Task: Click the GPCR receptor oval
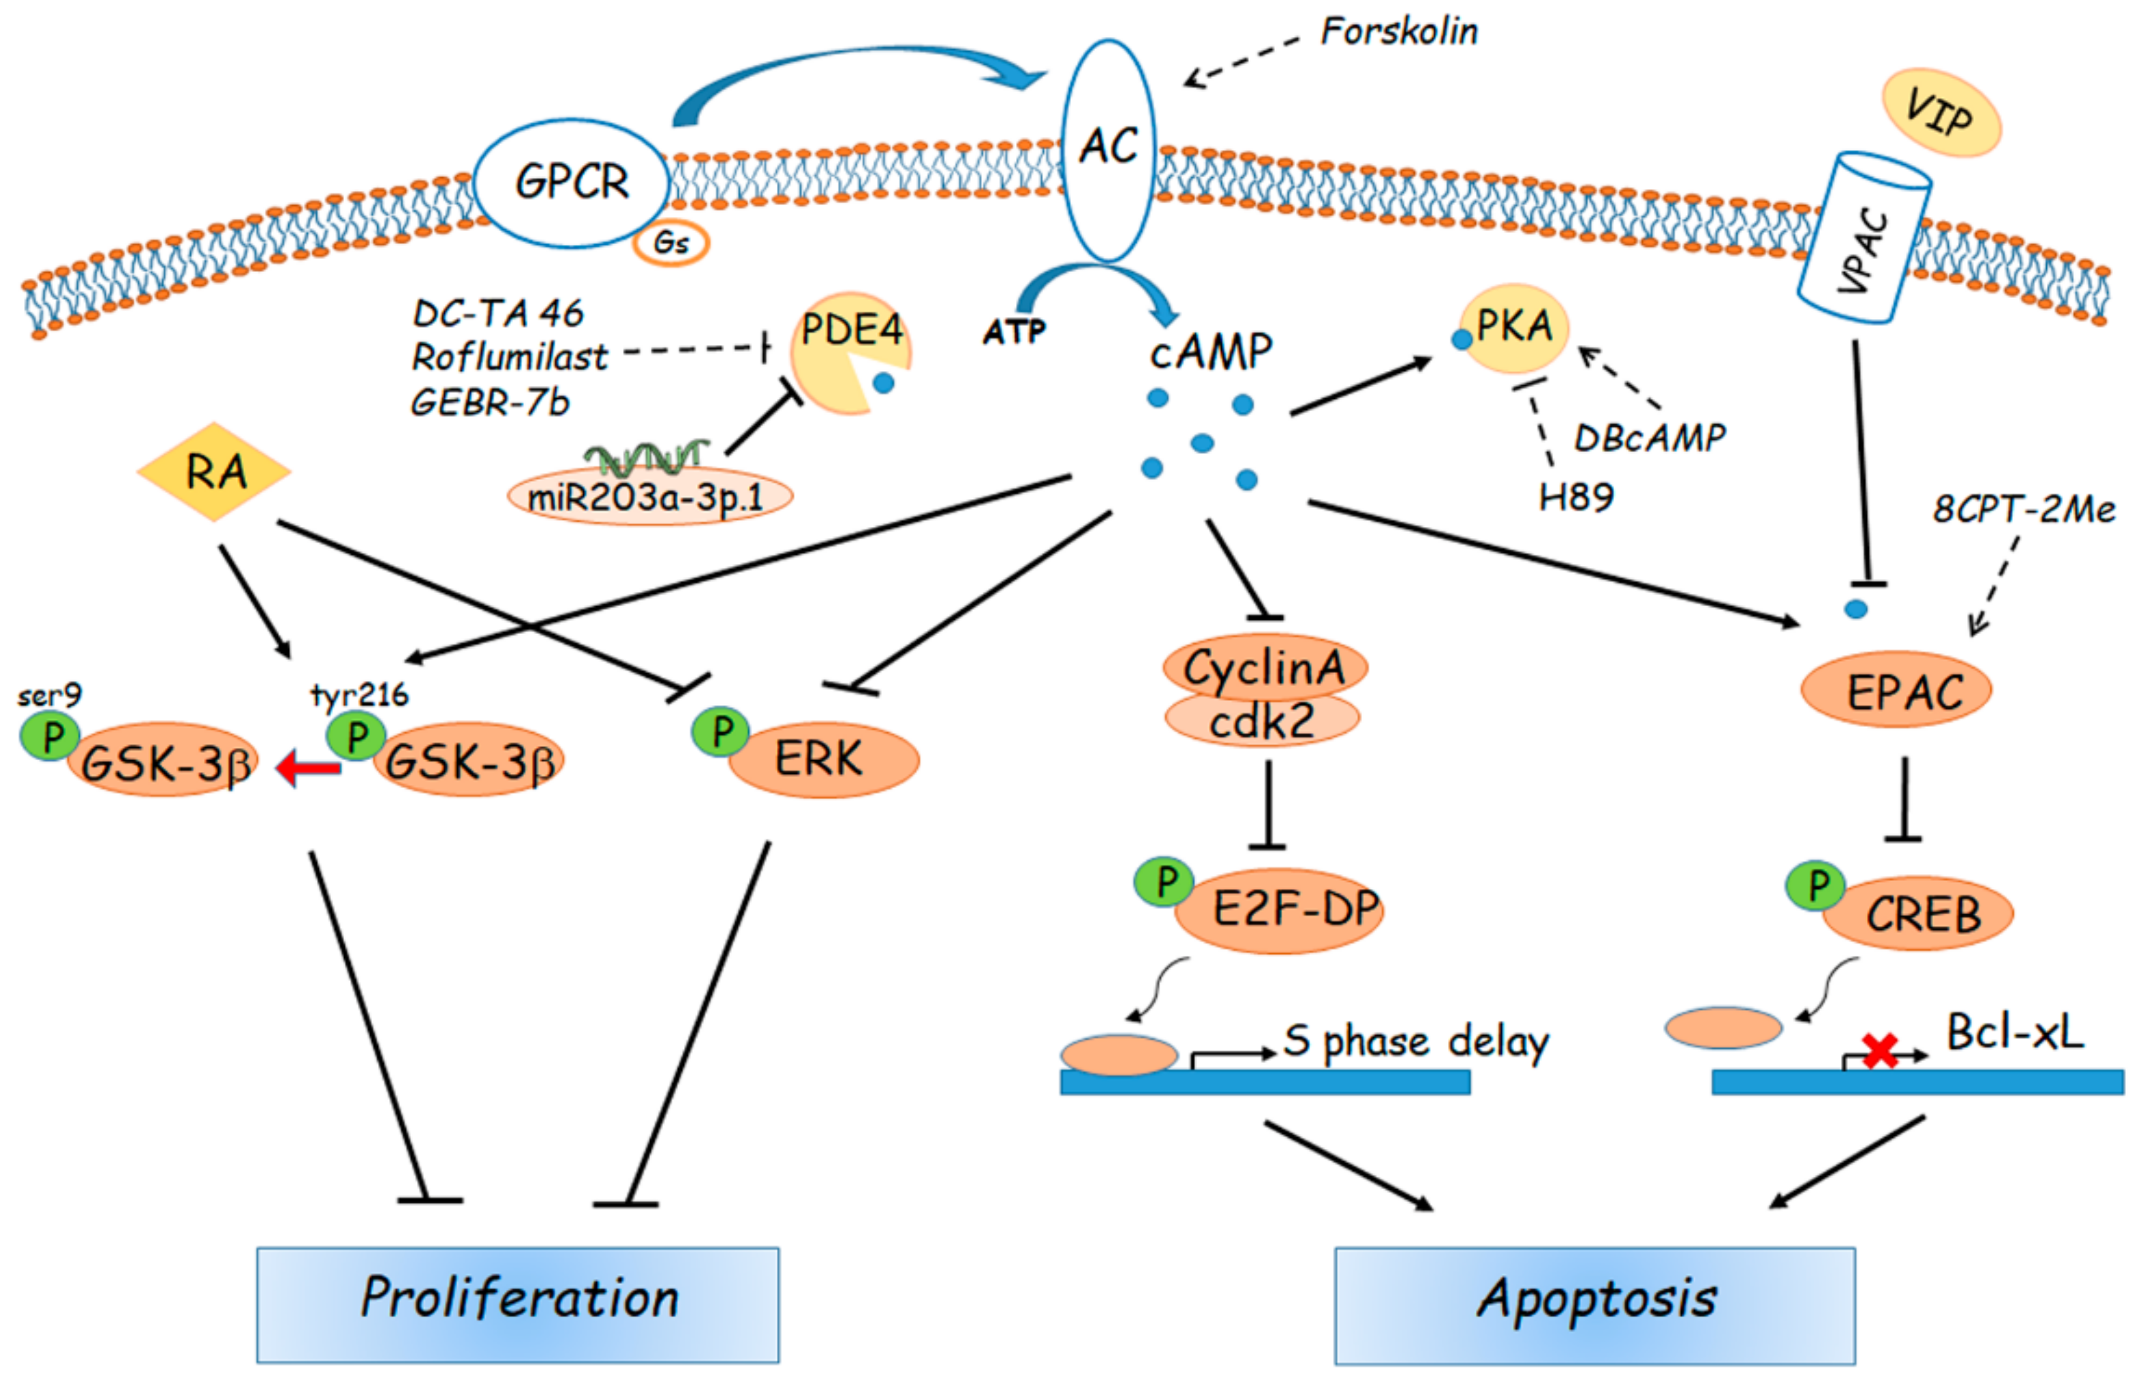pos(572,183)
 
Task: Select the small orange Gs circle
pos(670,243)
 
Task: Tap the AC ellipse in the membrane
pos(1109,149)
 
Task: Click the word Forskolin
pos(1399,32)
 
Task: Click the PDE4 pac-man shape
pos(849,352)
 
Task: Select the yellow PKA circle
pos(1513,328)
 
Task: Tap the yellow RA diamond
pos(214,471)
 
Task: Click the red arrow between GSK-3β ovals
pos(308,768)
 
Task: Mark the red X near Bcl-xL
pos(1880,1051)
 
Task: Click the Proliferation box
pos(518,1305)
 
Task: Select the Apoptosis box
pos(1595,1305)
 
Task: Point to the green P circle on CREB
pos(1815,886)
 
